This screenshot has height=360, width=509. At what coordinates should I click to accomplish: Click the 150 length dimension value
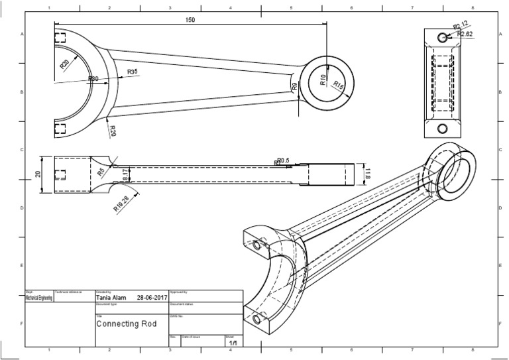(x=190, y=20)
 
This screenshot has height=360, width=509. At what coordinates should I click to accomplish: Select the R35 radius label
(x=132, y=72)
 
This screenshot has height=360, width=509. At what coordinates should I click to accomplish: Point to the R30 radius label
(x=93, y=79)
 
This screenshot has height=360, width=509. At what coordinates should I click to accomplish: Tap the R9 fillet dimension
(x=294, y=86)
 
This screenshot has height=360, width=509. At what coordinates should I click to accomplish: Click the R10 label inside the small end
(x=323, y=80)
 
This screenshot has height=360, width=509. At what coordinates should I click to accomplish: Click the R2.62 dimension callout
(x=465, y=34)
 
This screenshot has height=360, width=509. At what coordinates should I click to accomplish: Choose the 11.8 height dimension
(x=368, y=174)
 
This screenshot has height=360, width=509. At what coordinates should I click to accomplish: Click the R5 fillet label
(x=101, y=172)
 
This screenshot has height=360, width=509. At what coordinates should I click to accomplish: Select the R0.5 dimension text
(x=284, y=160)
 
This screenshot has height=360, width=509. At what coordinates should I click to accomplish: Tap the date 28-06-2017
(x=152, y=298)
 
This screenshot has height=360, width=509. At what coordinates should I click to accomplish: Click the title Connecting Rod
(x=127, y=325)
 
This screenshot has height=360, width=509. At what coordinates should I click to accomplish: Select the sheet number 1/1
(x=233, y=343)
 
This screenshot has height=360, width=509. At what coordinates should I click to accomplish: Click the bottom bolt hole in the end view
(x=443, y=128)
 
